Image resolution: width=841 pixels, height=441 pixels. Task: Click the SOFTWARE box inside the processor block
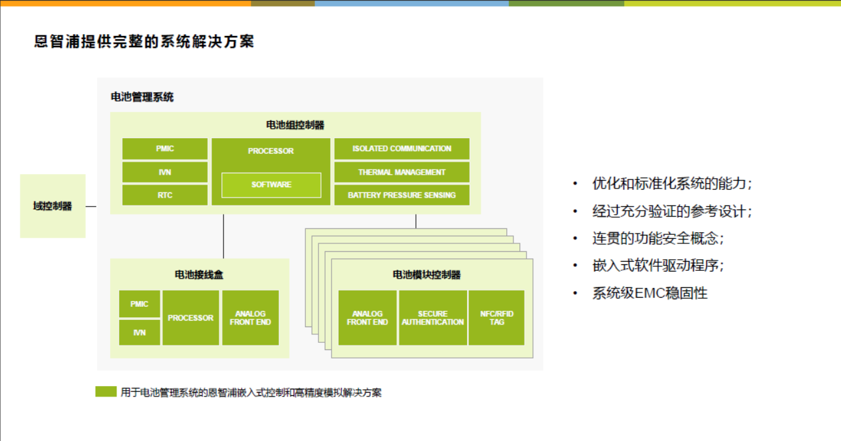(x=271, y=185)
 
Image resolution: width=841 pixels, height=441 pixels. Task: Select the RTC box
(x=165, y=195)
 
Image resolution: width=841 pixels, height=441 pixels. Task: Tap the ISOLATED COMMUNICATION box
(x=402, y=149)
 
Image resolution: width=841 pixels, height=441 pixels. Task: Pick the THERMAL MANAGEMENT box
(x=402, y=172)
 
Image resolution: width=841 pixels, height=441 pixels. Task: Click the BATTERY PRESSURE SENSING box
(x=402, y=195)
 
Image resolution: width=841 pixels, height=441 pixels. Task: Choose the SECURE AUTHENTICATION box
(x=433, y=317)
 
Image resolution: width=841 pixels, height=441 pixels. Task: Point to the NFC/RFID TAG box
(x=496, y=317)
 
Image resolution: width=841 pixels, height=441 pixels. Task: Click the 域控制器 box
(x=52, y=206)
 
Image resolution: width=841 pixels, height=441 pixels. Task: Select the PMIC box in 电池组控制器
(x=165, y=149)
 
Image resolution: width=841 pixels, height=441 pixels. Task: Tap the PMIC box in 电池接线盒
(x=140, y=304)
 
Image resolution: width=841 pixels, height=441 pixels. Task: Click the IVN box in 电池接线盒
(x=140, y=332)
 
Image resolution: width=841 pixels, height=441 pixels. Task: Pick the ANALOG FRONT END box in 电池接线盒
(x=250, y=317)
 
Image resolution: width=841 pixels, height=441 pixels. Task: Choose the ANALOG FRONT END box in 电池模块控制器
(x=367, y=317)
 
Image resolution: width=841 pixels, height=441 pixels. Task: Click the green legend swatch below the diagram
(x=106, y=391)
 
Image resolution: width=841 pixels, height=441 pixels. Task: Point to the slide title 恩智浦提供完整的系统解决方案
(x=144, y=41)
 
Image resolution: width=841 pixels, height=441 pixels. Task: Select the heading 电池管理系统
(x=142, y=97)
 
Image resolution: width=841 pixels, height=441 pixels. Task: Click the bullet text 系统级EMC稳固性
(x=650, y=293)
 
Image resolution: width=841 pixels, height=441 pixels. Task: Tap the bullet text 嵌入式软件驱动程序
(x=658, y=266)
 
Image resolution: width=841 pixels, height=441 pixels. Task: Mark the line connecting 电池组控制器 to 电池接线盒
(x=223, y=236)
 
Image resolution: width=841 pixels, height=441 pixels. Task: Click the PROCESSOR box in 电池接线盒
(x=191, y=317)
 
